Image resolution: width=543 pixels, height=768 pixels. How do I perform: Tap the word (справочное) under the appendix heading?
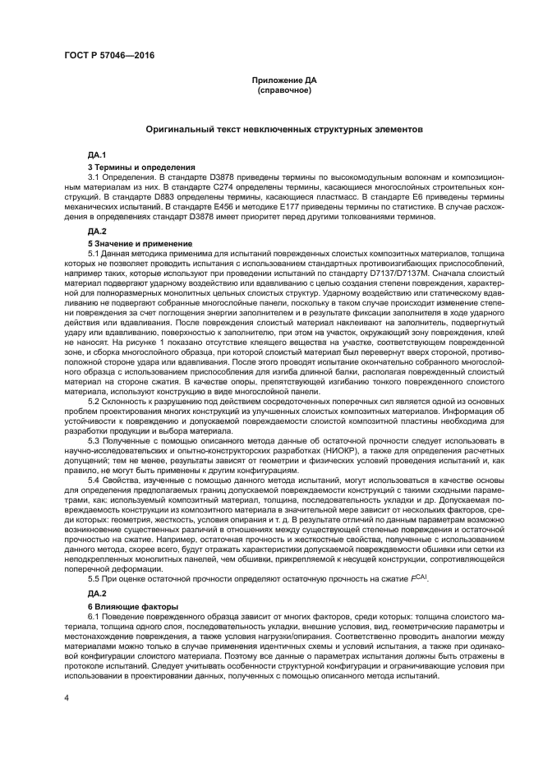pyautogui.click(x=284, y=90)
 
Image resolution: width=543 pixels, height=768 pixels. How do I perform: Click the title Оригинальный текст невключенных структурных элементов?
pyautogui.click(x=284, y=130)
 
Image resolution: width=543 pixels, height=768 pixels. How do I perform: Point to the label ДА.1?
pyautogui.click(x=97, y=155)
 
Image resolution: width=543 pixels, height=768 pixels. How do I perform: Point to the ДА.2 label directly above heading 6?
pyautogui.click(x=97, y=593)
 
